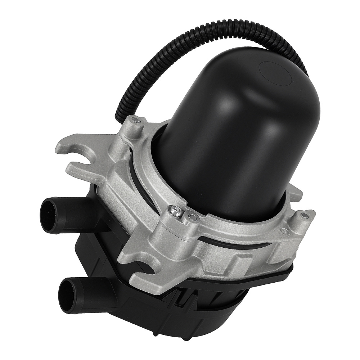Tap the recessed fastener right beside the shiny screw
190,217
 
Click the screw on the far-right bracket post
305,216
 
